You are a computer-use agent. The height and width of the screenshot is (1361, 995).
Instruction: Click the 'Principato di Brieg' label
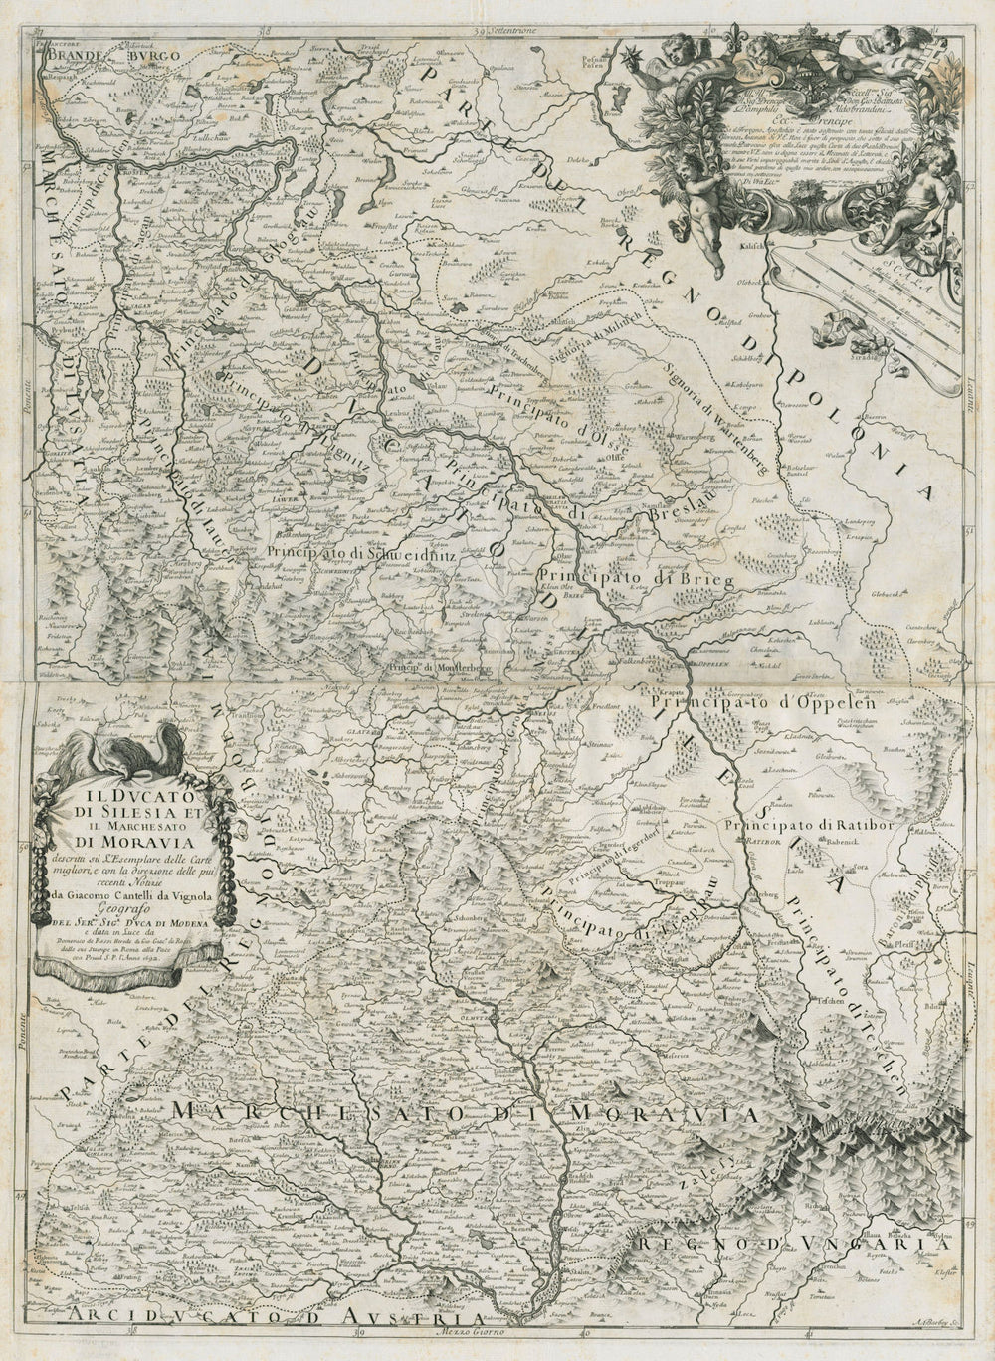(636, 578)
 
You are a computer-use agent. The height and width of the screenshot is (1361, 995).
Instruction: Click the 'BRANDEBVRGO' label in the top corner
(106, 58)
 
